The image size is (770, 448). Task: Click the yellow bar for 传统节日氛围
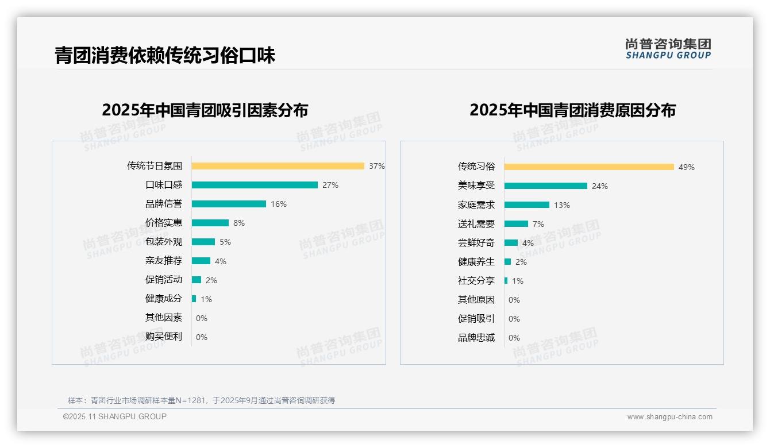pyautogui.click(x=278, y=166)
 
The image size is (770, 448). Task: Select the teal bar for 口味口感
pyautogui.click(x=255, y=185)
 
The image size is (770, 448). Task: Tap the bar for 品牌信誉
pyautogui.click(x=229, y=204)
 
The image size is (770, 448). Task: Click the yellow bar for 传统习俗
pyautogui.click(x=589, y=167)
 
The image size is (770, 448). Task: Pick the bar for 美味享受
pyautogui.click(x=546, y=186)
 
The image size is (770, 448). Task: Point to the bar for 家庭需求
pyautogui.click(x=527, y=205)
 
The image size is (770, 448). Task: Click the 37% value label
pyautogui.click(x=377, y=166)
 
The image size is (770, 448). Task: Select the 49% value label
pyautogui.click(x=687, y=167)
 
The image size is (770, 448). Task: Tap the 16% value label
pyautogui.click(x=279, y=204)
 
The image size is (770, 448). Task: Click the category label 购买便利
pyautogui.click(x=164, y=337)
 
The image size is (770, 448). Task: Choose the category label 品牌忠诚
pyautogui.click(x=476, y=338)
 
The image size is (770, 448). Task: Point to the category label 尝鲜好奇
pyautogui.click(x=476, y=243)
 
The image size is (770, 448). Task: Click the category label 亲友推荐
pyautogui.click(x=164, y=261)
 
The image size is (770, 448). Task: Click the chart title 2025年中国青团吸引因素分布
pyautogui.click(x=205, y=110)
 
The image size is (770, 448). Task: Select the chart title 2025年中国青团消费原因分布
pyautogui.click(x=572, y=110)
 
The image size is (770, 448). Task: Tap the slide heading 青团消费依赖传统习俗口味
pyautogui.click(x=165, y=55)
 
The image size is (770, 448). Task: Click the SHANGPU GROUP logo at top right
pyautogui.click(x=668, y=49)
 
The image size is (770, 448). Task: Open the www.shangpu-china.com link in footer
pyautogui.click(x=669, y=417)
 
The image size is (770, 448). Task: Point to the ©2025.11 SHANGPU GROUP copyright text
pyautogui.click(x=115, y=416)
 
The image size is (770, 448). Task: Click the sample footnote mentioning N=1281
pyautogui.click(x=201, y=400)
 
